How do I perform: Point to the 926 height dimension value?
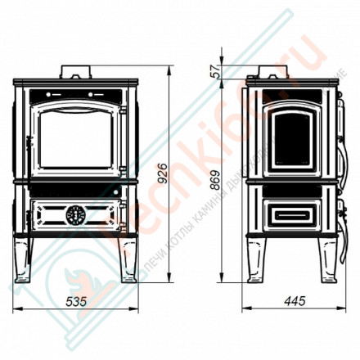(163, 173)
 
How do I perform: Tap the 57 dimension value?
(215, 72)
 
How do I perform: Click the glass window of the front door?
(75, 134)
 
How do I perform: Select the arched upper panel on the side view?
(290, 134)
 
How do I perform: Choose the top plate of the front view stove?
(75, 83)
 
